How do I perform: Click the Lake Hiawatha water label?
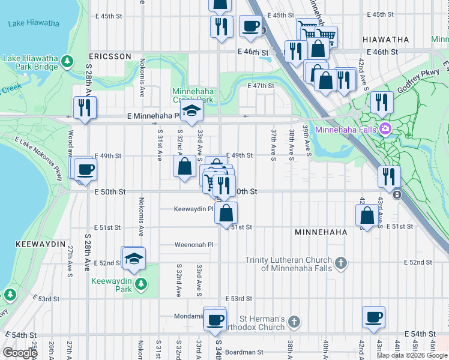[34, 23]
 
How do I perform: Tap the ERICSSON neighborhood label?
[110, 56]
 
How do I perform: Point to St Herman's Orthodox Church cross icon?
[294, 322]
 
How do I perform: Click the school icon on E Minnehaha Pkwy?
[192, 112]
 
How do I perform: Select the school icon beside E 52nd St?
[133, 258]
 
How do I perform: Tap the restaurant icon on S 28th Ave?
[85, 107]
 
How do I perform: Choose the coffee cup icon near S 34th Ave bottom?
[215, 319]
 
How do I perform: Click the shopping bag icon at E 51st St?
[226, 213]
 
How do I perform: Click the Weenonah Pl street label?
[194, 245]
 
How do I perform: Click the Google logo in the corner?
[19, 353]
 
